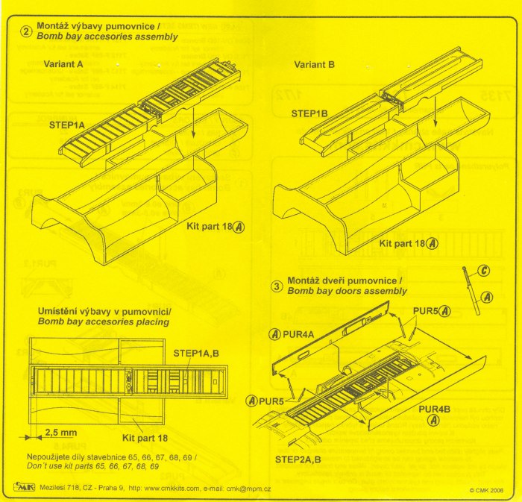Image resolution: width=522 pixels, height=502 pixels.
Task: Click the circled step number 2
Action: tap(25, 31)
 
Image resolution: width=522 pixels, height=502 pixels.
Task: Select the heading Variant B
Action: tap(314, 64)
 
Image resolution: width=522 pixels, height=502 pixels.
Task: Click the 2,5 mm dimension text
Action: tap(61, 432)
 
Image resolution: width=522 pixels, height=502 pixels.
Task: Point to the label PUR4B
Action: tap(434, 410)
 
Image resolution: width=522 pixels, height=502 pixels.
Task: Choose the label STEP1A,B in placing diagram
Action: tap(196, 352)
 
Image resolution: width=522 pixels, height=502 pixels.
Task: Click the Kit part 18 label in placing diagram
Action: tap(146, 433)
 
